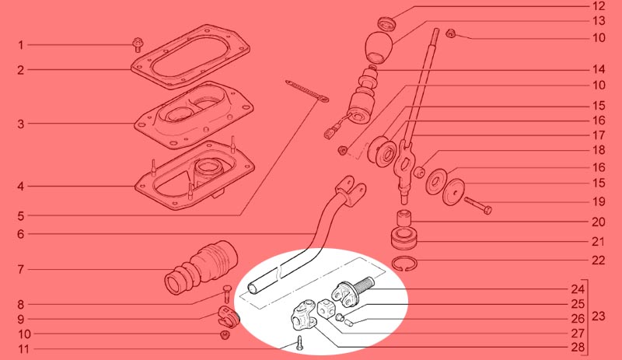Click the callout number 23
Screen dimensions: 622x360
click(x=599, y=316)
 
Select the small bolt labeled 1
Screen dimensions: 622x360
click(x=138, y=44)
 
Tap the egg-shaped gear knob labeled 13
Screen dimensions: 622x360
click(x=378, y=47)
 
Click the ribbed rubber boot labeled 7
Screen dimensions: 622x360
click(x=201, y=268)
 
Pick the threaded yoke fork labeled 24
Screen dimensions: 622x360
click(x=351, y=291)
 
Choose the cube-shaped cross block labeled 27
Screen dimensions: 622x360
click(x=327, y=309)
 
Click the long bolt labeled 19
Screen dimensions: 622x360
click(x=478, y=204)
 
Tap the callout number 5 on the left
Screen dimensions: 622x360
click(x=21, y=216)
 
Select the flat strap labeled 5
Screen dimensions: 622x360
click(x=307, y=90)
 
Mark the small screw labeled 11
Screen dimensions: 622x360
click(x=299, y=343)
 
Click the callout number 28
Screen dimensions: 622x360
click(x=578, y=348)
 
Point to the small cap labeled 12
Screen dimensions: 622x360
click(x=386, y=23)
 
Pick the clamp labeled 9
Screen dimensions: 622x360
click(x=229, y=316)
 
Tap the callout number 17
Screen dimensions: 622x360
click(x=599, y=135)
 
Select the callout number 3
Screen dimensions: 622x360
click(x=21, y=124)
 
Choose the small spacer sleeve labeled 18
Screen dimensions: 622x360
click(x=419, y=173)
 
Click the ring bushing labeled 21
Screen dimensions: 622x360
click(x=404, y=237)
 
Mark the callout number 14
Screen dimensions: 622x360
click(x=599, y=69)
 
